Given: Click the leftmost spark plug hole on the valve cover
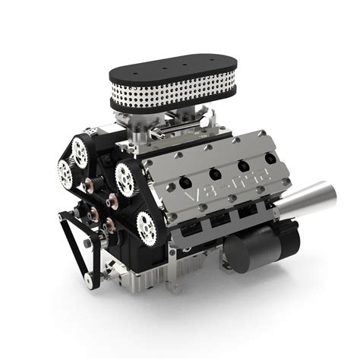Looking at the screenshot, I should [x=185, y=182].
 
